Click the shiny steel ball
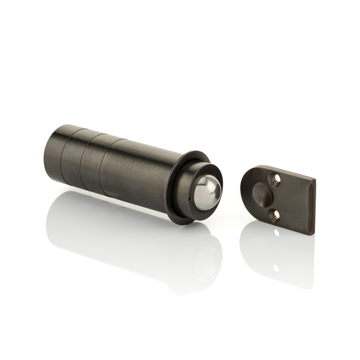[x=206, y=191]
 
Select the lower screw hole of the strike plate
[x=275, y=214]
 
